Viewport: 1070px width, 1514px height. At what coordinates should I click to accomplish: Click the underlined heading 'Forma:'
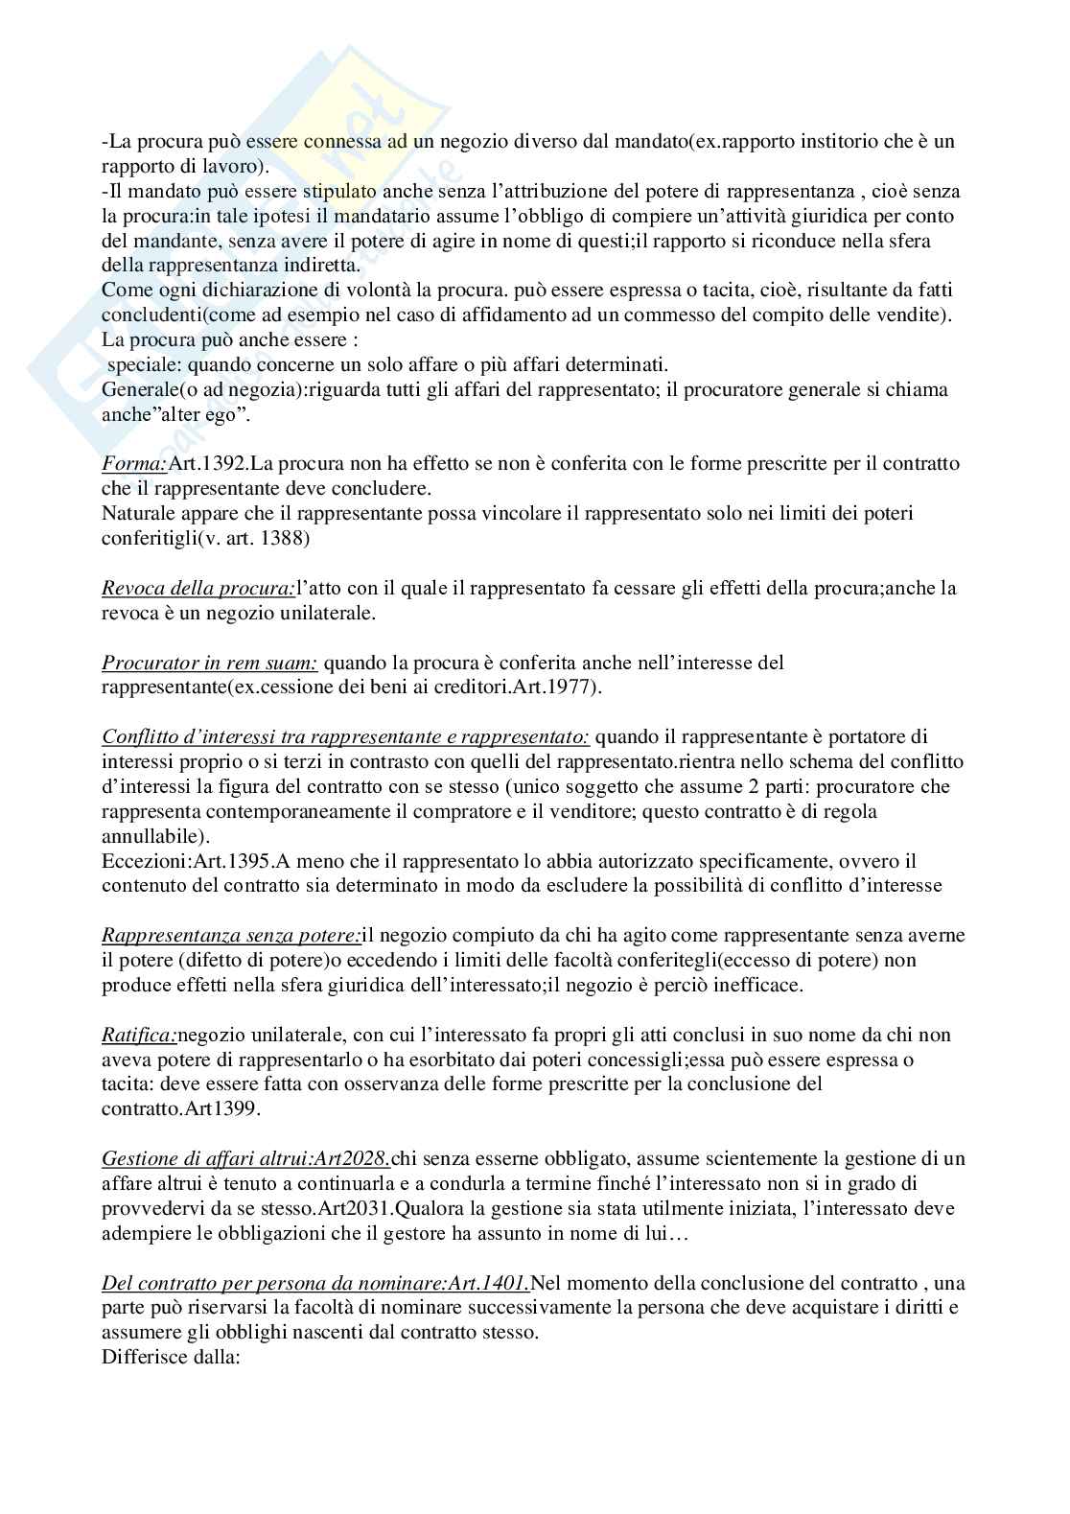pos(134,464)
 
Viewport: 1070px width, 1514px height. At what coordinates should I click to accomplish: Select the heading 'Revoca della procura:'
pos(198,588)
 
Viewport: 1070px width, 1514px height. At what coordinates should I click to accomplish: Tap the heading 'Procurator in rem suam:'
pos(210,663)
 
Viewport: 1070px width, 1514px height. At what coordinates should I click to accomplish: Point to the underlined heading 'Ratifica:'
pos(140,1035)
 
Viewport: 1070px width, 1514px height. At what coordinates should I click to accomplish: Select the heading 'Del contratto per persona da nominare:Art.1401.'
pos(315,1283)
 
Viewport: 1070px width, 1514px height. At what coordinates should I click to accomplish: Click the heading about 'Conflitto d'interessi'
pos(345,737)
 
